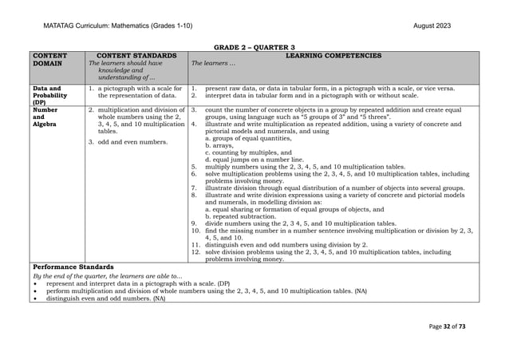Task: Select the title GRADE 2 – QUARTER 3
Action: tap(254, 48)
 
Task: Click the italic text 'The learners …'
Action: tap(211, 63)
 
